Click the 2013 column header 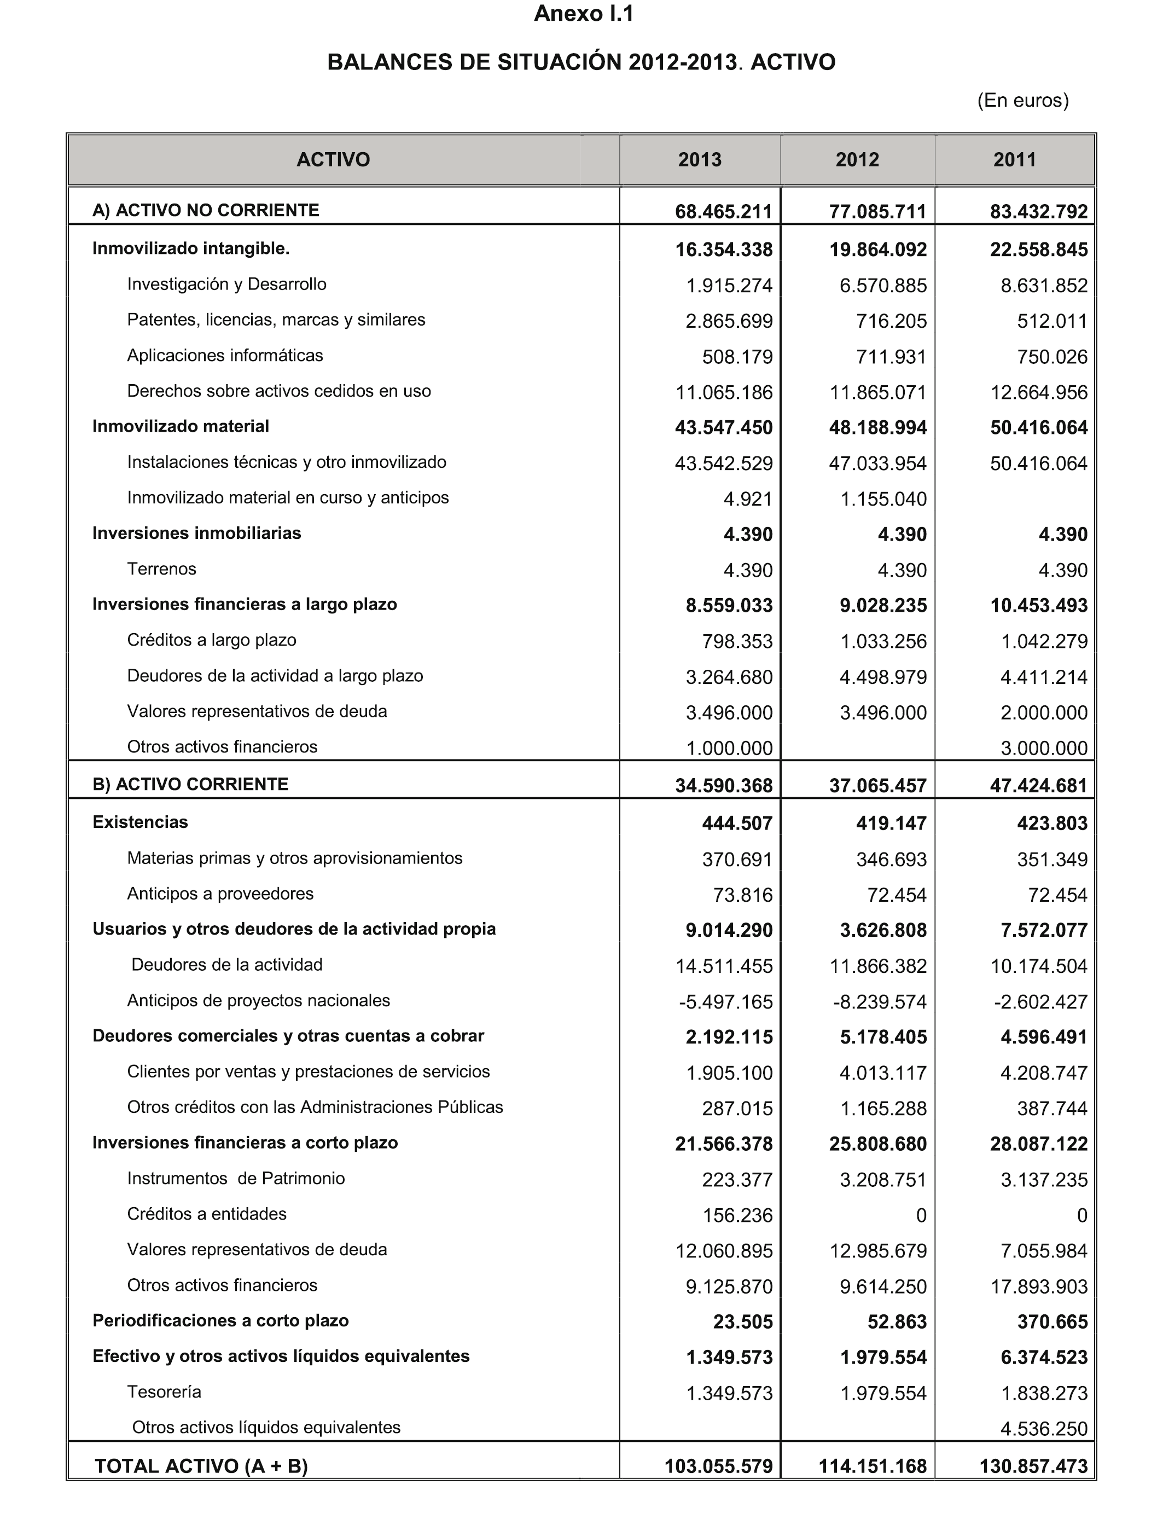(699, 160)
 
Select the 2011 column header (1014, 160)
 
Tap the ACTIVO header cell (333, 160)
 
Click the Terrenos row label (161, 569)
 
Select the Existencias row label (141, 822)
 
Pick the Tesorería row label (164, 1392)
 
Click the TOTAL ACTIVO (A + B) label (201, 1466)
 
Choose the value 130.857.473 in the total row (1033, 1467)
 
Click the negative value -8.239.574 (879, 1002)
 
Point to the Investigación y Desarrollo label (226, 285)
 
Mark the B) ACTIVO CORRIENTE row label (190, 785)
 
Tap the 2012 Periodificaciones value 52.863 (897, 1321)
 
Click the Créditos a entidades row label (206, 1214)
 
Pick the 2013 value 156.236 (737, 1216)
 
